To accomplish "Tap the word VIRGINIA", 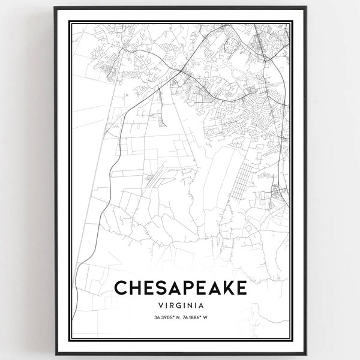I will click(x=180, y=306).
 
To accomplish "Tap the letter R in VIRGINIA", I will click(x=168, y=306).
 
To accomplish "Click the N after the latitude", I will click(x=172, y=319).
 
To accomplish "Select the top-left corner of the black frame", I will click(x=55, y=8).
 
